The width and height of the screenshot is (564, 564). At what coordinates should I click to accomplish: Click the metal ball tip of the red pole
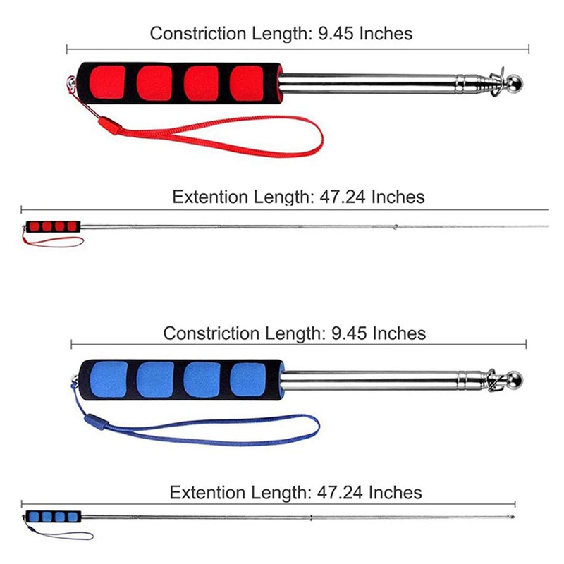(x=515, y=83)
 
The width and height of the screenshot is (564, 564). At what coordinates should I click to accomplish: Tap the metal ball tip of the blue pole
(x=515, y=380)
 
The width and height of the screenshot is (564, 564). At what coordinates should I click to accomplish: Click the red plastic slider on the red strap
(x=110, y=125)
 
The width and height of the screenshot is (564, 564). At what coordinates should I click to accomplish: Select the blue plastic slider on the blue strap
(x=96, y=422)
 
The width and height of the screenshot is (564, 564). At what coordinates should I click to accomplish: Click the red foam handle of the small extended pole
(x=53, y=226)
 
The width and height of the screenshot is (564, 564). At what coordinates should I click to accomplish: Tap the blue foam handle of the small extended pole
(x=54, y=517)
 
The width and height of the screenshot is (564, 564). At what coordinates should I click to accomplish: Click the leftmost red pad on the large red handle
(x=107, y=82)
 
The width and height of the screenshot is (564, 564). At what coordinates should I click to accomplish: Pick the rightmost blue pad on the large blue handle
(x=248, y=379)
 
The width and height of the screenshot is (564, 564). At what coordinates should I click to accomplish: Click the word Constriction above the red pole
(x=198, y=33)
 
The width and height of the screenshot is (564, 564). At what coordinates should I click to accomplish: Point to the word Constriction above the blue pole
(x=211, y=333)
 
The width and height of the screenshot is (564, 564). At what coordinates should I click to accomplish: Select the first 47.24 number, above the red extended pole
(x=343, y=197)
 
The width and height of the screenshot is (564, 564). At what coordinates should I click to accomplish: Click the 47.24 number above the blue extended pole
(x=340, y=492)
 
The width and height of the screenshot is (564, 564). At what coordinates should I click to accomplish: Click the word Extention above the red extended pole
(x=210, y=197)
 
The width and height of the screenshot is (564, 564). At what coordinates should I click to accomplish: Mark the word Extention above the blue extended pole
(x=208, y=492)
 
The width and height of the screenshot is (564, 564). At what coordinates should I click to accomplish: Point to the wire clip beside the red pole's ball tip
(x=498, y=81)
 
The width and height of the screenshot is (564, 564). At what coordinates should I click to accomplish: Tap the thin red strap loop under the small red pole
(x=54, y=243)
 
